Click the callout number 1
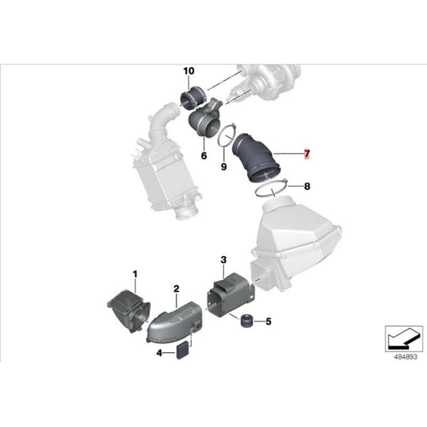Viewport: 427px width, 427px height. [x=135, y=274]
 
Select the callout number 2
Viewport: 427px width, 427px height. [x=176, y=289]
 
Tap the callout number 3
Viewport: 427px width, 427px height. [x=224, y=260]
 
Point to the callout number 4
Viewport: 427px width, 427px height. [x=159, y=353]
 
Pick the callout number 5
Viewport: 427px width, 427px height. [x=268, y=321]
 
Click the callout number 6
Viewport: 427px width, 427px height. [x=203, y=156]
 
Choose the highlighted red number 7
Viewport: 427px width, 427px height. [x=307, y=154]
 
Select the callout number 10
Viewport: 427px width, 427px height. [x=189, y=70]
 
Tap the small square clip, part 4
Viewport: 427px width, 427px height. [x=183, y=350]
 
